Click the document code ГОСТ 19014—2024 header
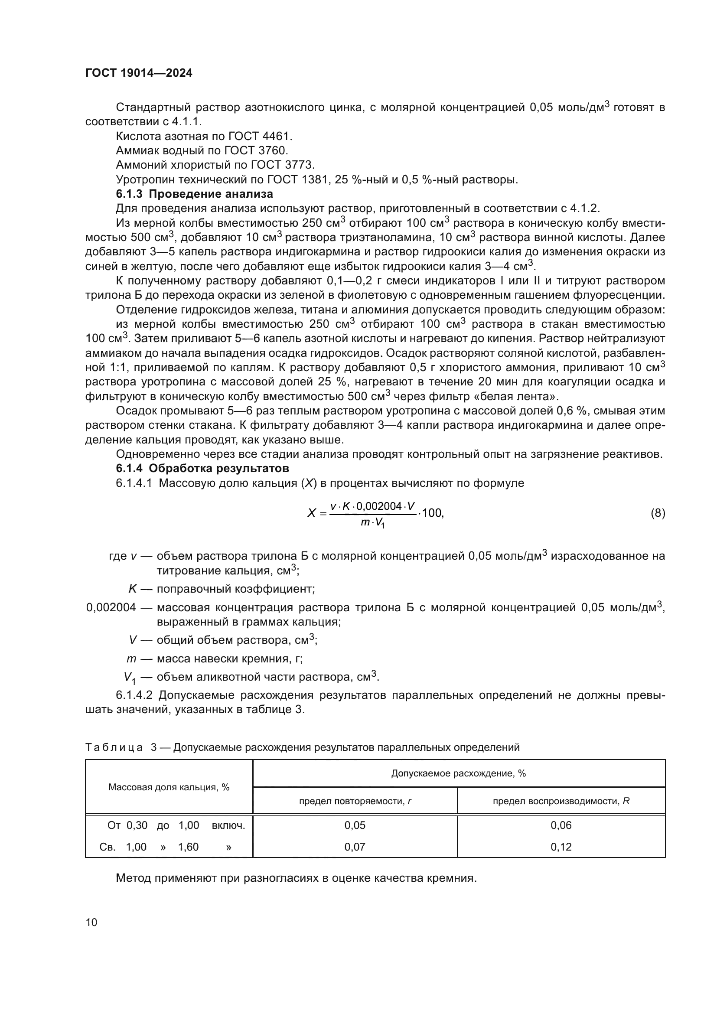[x=139, y=73]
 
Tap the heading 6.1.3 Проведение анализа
[x=194, y=194]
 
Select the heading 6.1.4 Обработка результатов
[x=202, y=468]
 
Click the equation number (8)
[x=658, y=513]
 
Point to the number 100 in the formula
[x=432, y=513]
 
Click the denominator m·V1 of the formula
[x=372, y=523]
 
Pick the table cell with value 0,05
[x=355, y=825]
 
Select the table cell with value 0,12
[x=561, y=847]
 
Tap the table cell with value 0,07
[x=355, y=847]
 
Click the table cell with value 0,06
[x=561, y=825]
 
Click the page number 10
[x=91, y=922]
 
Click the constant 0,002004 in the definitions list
[x=111, y=608]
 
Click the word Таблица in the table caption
[x=114, y=747]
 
